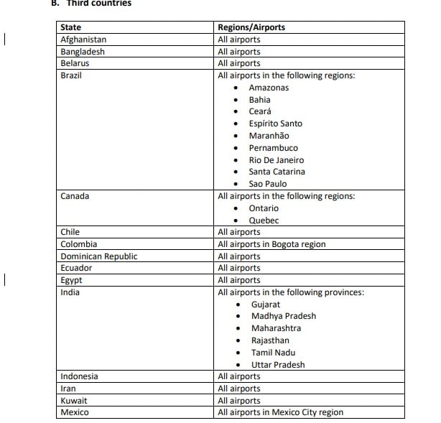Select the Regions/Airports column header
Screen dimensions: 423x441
[251, 27]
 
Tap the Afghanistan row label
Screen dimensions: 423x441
[83, 39]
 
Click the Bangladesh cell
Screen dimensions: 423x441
[83, 52]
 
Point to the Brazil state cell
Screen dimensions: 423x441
[71, 75]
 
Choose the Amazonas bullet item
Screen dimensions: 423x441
[269, 88]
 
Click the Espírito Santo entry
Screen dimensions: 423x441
[275, 124]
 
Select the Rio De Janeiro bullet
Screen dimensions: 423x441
[276, 160]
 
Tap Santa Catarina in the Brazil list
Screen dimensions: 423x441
[277, 172]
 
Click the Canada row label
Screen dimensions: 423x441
[75, 196]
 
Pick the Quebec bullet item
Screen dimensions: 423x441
[264, 220]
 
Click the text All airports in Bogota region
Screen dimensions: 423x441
[271, 244]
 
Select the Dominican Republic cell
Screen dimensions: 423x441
[98, 256]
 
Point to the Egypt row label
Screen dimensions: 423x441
[71, 280]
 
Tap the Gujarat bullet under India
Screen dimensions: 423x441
[265, 305]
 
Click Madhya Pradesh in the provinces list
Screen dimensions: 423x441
[283, 316]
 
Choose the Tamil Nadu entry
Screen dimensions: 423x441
[274, 353]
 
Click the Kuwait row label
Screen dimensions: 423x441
[74, 401]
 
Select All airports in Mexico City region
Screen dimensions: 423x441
[280, 412]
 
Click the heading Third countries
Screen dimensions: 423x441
[101, 4]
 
